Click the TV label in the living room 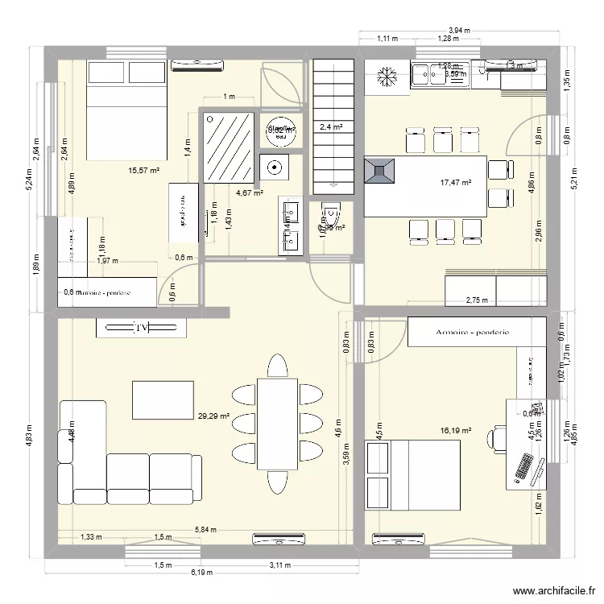click(x=142, y=328)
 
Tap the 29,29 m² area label click(x=213, y=416)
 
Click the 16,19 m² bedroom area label click(x=455, y=431)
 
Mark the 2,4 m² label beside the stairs click(x=331, y=126)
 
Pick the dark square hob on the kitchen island click(x=380, y=171)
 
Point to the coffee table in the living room click(x=163, y=400)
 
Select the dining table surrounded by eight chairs click(x=277, y=423)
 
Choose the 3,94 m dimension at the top click(x=458, y=30)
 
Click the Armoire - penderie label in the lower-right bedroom click(x=470, y=332)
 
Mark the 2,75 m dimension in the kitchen click(x=478, y=301)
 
